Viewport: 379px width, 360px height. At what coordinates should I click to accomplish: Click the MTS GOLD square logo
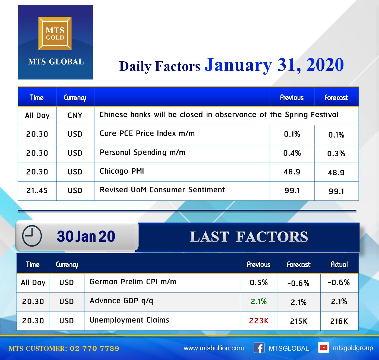pos(55,33)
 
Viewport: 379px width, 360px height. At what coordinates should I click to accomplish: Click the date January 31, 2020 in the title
pos(274,65)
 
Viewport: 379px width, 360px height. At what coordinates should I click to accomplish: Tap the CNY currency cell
pos(75,116)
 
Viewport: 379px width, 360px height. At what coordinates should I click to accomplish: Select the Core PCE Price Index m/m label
pos(147,133)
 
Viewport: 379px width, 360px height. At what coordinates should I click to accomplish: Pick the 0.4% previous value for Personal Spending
pos(292,153)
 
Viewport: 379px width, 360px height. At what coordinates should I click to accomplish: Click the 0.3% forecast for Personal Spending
pos(336,154)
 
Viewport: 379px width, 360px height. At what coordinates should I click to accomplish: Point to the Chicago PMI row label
pos(122,171)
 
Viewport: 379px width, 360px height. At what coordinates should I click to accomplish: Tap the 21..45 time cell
pos(37,191)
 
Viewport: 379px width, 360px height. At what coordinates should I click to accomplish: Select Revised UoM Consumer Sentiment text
pos(162,190)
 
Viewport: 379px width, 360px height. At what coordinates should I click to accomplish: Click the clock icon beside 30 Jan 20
pos(32,236)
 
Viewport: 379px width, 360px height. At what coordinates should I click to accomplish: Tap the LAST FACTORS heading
pos(249,237)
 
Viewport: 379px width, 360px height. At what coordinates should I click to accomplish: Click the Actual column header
pos(339,265)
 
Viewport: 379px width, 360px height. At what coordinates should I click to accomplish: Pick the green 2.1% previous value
pos(258,301)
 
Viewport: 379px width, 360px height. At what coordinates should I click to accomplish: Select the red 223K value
pos(259,321)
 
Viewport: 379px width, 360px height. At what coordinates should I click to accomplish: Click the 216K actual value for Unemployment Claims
pos(339,321)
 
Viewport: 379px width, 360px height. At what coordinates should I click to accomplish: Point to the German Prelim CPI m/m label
pos(133,282)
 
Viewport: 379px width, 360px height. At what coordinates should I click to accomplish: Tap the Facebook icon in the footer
pos(259,348)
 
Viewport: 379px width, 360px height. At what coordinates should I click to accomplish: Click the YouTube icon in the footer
pos(323,348)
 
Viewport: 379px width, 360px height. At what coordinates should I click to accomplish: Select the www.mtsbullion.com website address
pos(214,348)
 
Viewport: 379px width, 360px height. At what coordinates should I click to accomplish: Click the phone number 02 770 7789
pos(94,348)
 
